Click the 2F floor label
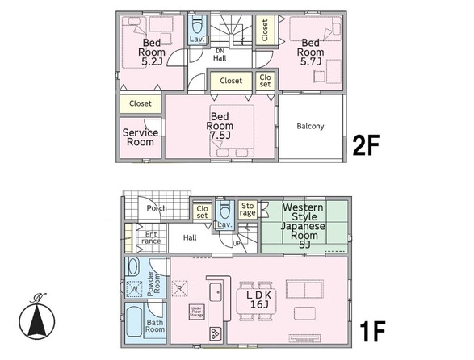coord(366,145)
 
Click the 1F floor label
coord(372,331)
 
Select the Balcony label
coord(310,126)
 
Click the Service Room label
coord(141,137)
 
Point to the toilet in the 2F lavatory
coord(197,26)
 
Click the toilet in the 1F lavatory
coord(224,209)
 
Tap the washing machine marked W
coord(134,289)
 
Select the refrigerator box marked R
coord(179,288)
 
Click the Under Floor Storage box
coord(196,312)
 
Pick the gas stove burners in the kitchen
coord(215,334)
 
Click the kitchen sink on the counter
coord(216,292)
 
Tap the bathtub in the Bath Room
coord(133,322)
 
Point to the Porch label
coord(157,208)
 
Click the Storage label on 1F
coord(247,209)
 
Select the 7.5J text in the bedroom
coord(220,136)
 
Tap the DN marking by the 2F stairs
coord(220,51)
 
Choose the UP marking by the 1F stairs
coord(237,243)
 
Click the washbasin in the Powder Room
coord(132,266)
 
